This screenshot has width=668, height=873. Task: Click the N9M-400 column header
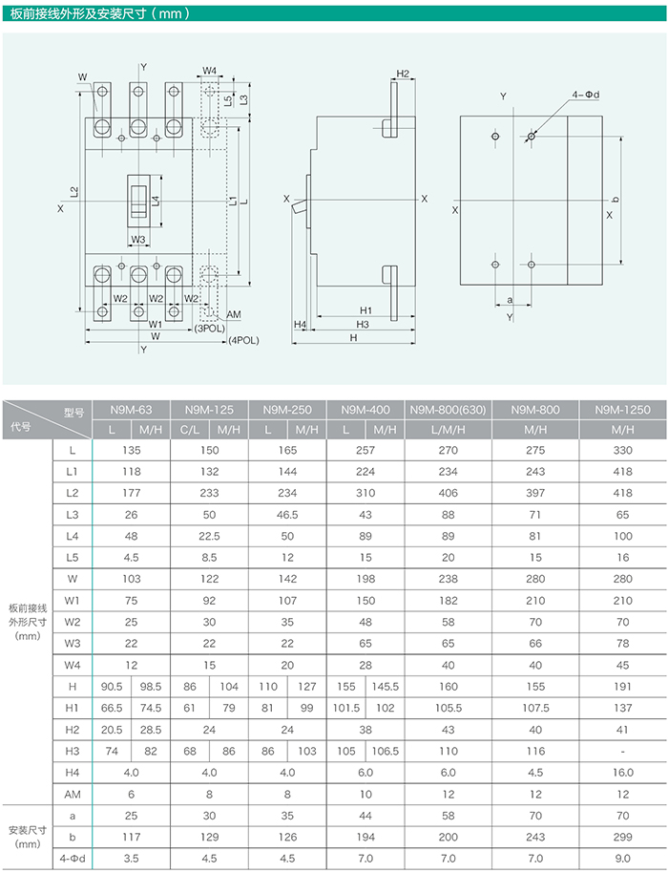(365, 410)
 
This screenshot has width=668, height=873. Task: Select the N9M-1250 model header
(622, 410)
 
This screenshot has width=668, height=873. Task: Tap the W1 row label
(73, 600)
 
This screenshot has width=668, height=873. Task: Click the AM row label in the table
(73, 794)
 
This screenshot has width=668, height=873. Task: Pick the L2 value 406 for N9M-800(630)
(448, 493)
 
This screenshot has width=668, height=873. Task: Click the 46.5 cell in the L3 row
(287, 515)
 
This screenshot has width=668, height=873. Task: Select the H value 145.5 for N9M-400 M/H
(385, 687)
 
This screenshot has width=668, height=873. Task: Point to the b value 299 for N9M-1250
(622, 837)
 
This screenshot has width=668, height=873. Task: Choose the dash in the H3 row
(622, 751)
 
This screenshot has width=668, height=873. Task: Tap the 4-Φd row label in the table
(73, 859)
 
